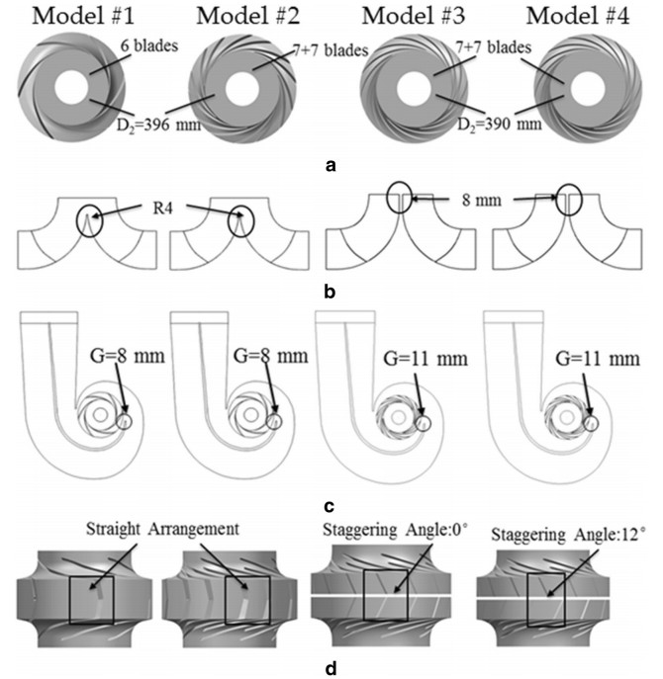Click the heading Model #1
(x=83, y=16)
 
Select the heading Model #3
(x=414, y=16)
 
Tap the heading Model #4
(x=578, y=16)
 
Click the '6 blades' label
(x=149, y=45)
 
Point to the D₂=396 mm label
(x=158, y=126)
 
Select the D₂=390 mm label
(x=500, y=125)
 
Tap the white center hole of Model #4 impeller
(x=588, y=89)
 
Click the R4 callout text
(x=163, y=209)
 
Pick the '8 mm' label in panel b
(x=481, y=200)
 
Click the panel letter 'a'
(x=331, y=165)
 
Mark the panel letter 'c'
(x=330, y=506)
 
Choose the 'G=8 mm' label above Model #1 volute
(x=128, y=357)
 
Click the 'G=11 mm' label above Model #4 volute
(x=598, y=359)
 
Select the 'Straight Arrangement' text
(x=162, y=529)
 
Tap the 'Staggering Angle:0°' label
(x=395, y=530)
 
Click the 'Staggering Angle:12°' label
(x=568, y=536)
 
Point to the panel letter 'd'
(x=331, y=668)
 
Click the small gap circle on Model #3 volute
(x=423, y=423)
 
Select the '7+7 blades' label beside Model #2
(x=331, y=50)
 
